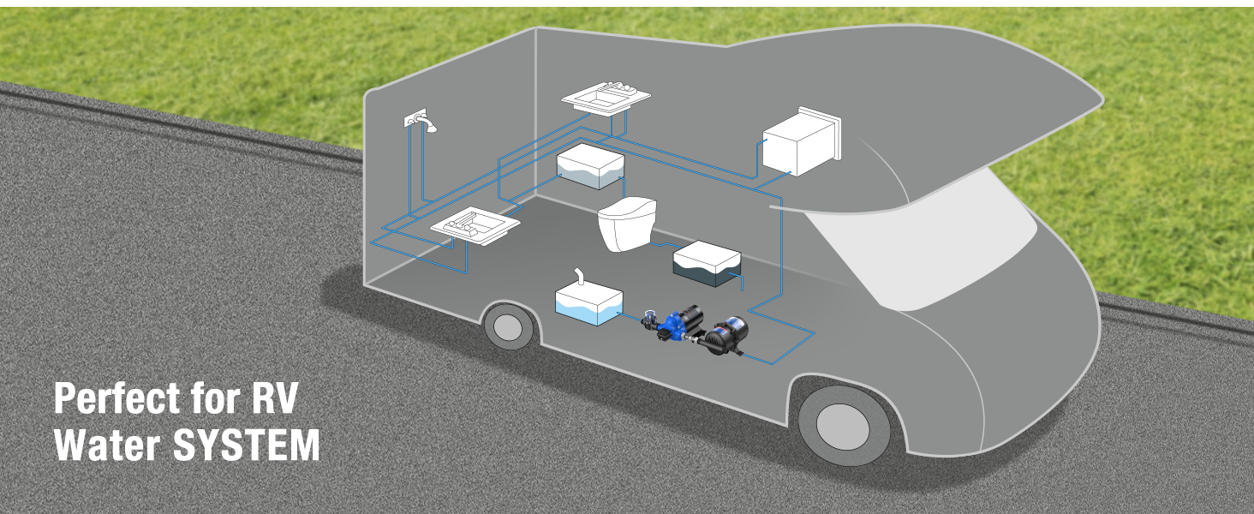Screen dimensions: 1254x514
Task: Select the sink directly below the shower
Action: (475, 225)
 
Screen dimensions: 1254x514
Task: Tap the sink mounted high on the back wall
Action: (606, 98)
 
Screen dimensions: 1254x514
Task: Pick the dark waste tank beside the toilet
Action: (707, 263)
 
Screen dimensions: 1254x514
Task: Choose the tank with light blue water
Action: (589, 305)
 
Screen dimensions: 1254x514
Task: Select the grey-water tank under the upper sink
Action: (590, 165)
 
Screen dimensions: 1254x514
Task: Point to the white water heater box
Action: (802, 141)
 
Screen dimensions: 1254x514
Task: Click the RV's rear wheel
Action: (509, 326)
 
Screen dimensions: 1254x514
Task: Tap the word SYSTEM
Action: (247, 445)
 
